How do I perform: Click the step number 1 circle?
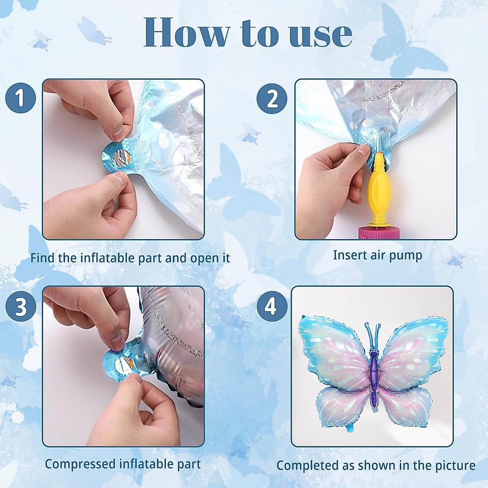click(20, 98)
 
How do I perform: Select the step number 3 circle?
click(20, 307)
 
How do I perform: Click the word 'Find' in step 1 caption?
click(42, 258)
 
